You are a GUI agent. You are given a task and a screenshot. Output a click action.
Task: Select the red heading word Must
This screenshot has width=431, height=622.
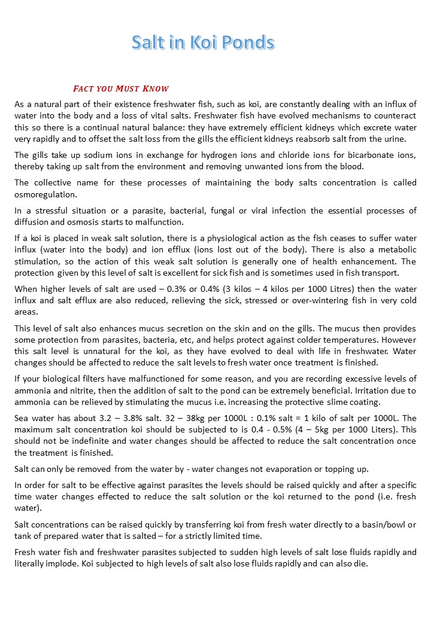129,89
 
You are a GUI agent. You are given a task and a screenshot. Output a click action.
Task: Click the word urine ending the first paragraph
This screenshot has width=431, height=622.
394,139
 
